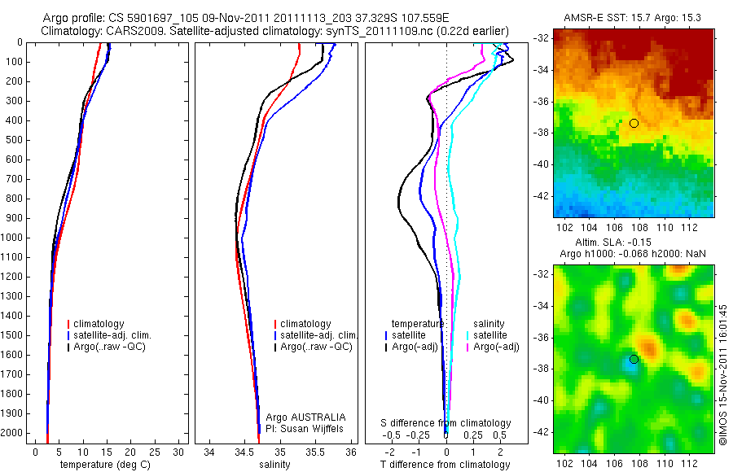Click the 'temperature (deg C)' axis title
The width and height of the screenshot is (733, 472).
click(x=103, y=465)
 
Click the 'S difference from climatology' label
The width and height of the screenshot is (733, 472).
click(x=446, y=423)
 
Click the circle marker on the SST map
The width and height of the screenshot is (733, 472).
click(x=634, y=123)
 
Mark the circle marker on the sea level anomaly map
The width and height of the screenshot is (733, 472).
click(x=634, y=359)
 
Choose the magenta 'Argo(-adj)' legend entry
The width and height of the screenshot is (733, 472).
click(x=496, y=347)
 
